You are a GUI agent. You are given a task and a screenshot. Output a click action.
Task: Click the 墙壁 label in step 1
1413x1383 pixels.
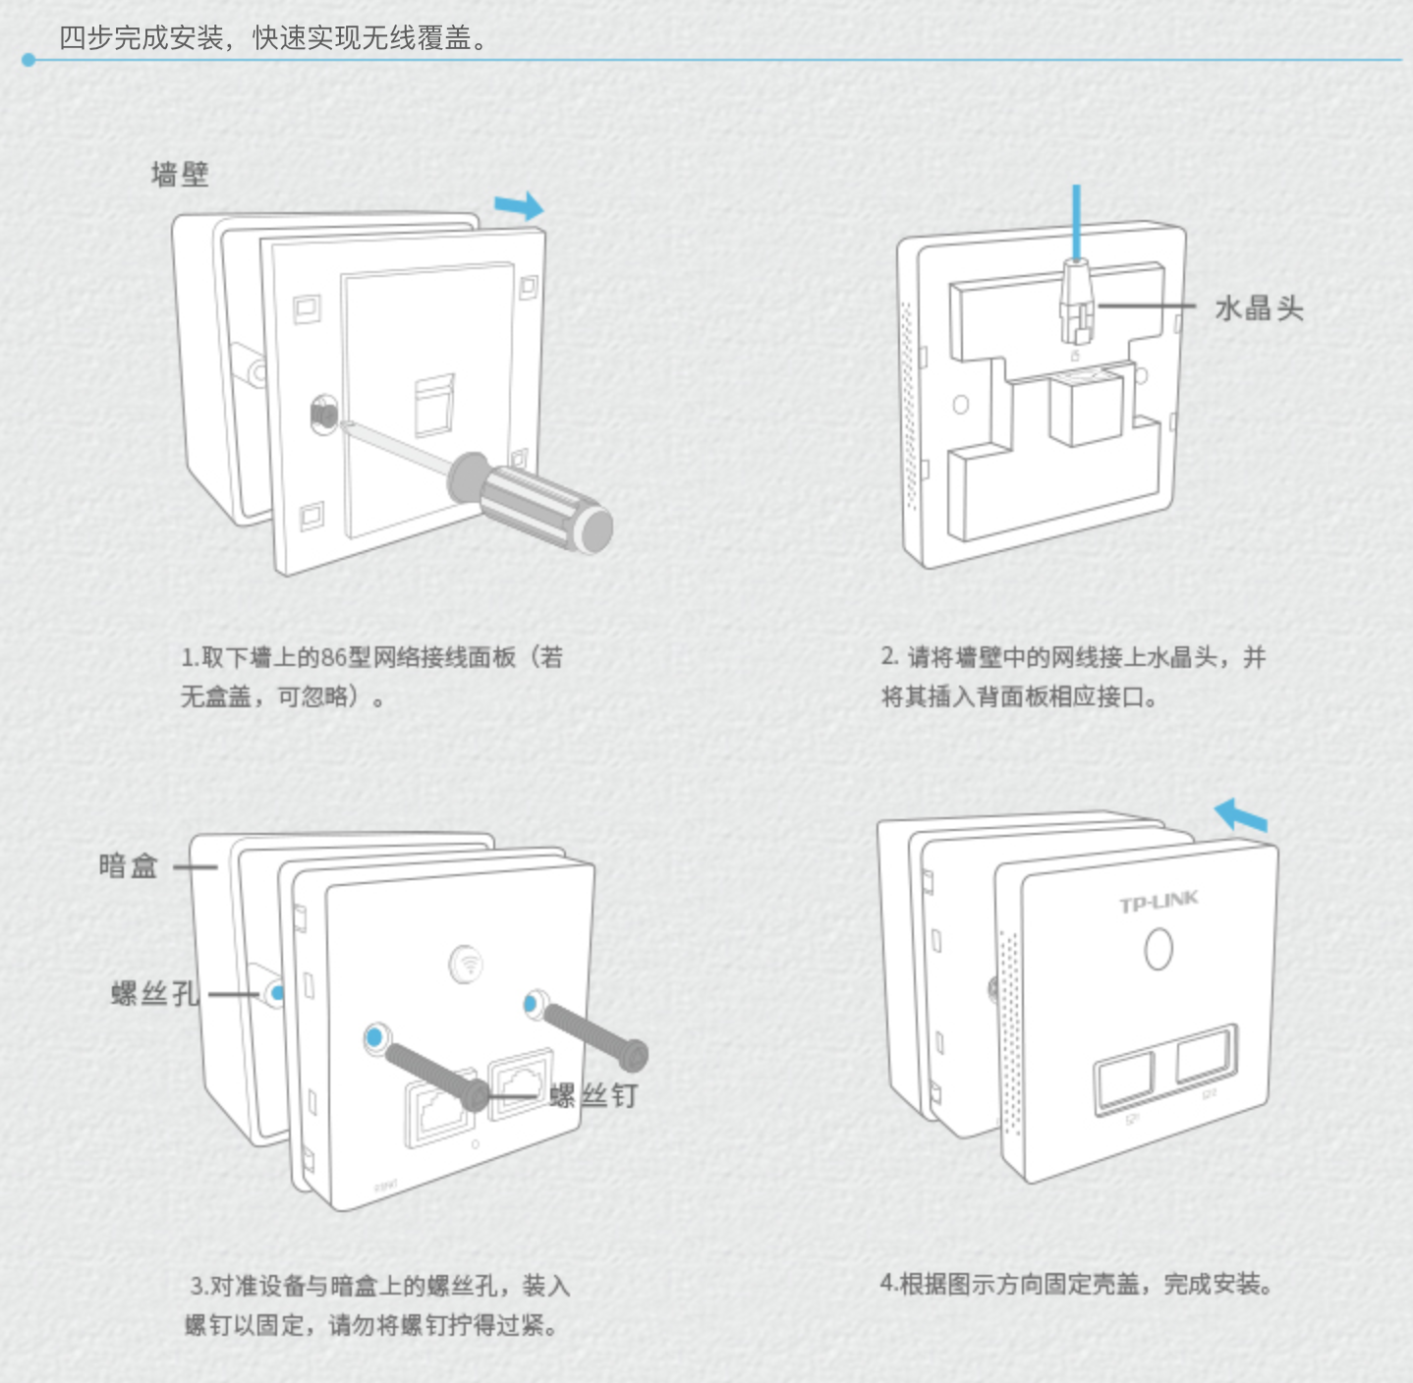click(180, 175)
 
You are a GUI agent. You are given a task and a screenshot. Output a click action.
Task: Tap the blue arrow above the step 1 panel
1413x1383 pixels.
click(518, 205)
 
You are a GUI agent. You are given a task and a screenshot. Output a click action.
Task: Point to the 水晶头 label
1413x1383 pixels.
click(1259, 308)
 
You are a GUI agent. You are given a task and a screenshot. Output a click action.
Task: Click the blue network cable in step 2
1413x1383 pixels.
click(1077, 221)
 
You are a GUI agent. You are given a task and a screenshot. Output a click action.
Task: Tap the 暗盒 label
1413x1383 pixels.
click(128, 865)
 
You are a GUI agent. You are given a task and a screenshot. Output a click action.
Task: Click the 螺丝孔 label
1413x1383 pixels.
click(154, 993)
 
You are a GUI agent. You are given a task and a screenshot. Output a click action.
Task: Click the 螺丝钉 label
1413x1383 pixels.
click(594, 1095)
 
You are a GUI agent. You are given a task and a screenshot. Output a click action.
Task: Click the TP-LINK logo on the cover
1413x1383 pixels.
click(1159, 901)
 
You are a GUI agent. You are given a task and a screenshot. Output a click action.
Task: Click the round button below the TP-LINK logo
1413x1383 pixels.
click(1159, 949)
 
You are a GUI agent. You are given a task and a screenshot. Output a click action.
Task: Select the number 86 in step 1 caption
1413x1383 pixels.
click(334, 657)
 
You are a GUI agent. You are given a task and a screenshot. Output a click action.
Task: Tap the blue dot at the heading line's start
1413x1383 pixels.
click(28, 60)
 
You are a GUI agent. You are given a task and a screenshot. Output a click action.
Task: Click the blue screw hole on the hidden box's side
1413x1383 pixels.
click(277, 993)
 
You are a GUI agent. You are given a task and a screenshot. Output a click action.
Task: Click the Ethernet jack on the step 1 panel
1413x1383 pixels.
click(433, 404)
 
